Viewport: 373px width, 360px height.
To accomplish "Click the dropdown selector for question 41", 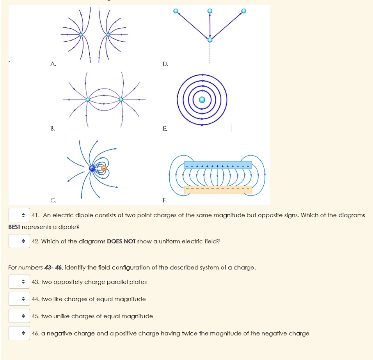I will point(20,215).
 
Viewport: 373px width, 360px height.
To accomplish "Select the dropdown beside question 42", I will point(20,241).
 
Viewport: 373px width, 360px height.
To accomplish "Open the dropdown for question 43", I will point(20,282).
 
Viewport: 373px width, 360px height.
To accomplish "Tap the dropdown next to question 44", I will point(20,299).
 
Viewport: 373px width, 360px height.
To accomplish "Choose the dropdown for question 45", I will point(20,316).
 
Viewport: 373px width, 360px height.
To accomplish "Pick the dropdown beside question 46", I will point(20,333).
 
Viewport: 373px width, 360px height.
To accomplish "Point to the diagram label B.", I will point(52,128).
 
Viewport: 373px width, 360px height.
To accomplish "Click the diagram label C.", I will point(53,200).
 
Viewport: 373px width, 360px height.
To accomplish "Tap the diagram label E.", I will point(165,128).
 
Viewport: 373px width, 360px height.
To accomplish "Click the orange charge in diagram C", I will point(104,168).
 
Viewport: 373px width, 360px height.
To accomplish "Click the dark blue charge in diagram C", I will point(92,168).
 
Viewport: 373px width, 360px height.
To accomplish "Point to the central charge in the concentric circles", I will point(202,100).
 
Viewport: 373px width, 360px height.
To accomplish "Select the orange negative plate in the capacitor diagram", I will point(218,190).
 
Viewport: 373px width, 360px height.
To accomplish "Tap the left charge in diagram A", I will point(81,35).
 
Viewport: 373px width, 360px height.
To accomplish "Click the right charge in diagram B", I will point(121,100).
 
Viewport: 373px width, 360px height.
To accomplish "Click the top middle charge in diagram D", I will point(210,11).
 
